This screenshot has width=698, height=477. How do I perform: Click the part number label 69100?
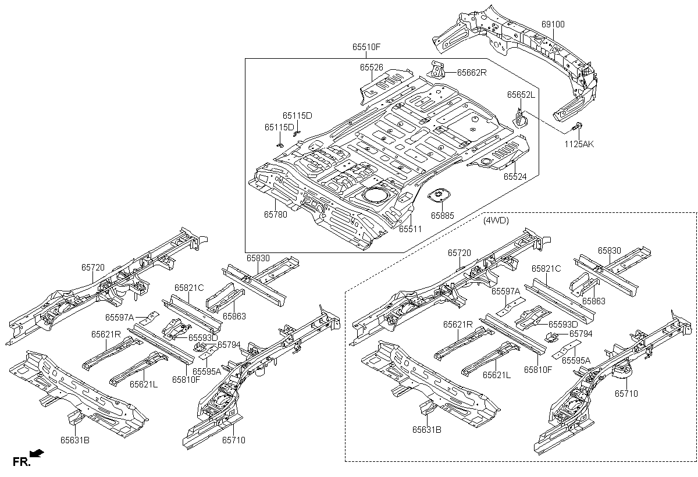coord(553,24)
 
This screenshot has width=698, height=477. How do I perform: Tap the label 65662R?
coord(471,73)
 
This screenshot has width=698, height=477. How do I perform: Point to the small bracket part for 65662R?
coord(438,69)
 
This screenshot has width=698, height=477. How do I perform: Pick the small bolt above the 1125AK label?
coord(578,126)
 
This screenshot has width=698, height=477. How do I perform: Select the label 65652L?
coord(521,94)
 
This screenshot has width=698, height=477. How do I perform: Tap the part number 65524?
coord(515,176)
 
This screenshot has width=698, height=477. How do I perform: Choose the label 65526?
coord(371,67)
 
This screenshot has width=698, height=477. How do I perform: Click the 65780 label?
coord(275,214)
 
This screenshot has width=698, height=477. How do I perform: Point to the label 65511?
coord(410,229)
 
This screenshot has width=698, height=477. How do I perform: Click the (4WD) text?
coord(496,220)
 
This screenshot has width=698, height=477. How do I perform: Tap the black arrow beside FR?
coord(37,453)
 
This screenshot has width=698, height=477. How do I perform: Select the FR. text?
coord(20,462)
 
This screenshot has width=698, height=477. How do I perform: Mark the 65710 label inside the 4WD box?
coord(626,393)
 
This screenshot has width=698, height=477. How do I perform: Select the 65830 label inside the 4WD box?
coord(609,251)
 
